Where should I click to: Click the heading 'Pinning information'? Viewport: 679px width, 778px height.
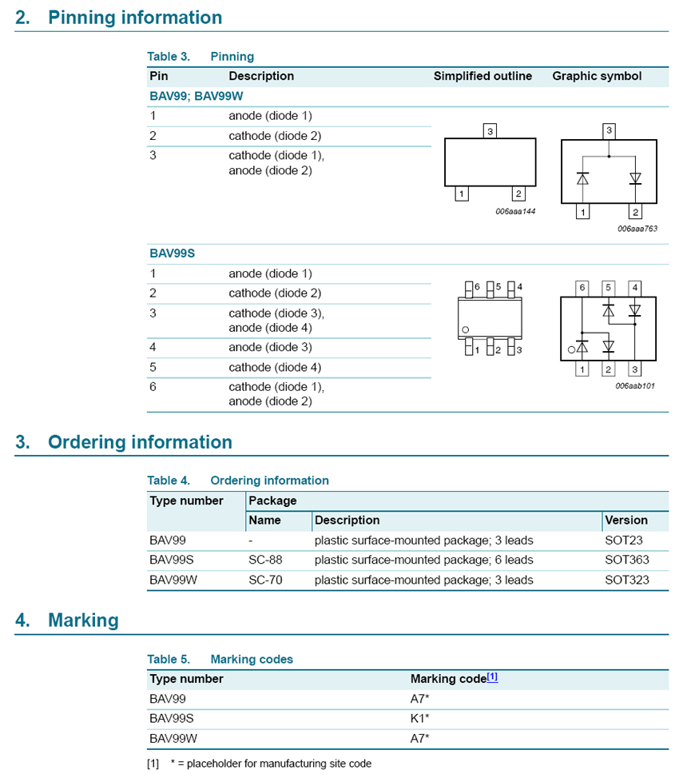pos(135,18)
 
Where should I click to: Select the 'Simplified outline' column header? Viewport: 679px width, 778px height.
pos(482,77)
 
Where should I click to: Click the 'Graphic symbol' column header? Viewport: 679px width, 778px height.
pos(597,77)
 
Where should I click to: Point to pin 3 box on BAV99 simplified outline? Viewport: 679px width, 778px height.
pos(490,130)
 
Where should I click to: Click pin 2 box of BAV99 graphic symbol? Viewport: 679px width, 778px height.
pos(635,212)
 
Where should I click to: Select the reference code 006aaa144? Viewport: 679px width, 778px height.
pos(515,211)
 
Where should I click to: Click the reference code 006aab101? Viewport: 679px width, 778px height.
pos(635,385)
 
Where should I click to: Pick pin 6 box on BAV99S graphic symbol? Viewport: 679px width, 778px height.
pos(582,287)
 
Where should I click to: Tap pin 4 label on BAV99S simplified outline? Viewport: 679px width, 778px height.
pos(519,286)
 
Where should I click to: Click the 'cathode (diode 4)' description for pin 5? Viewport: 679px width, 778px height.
pos(275,367)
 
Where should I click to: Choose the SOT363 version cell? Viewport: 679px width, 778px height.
pos(627,560)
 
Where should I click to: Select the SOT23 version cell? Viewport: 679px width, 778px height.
pos(624,540)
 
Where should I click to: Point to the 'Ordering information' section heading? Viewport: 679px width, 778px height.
pos(140,442)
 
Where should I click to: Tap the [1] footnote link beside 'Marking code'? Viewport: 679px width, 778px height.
pos(492,677)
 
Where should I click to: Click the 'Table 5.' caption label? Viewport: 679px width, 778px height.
pos(169,660)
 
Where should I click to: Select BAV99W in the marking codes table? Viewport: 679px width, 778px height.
pos(173,738)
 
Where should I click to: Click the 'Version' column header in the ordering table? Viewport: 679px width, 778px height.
pos(626,520)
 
